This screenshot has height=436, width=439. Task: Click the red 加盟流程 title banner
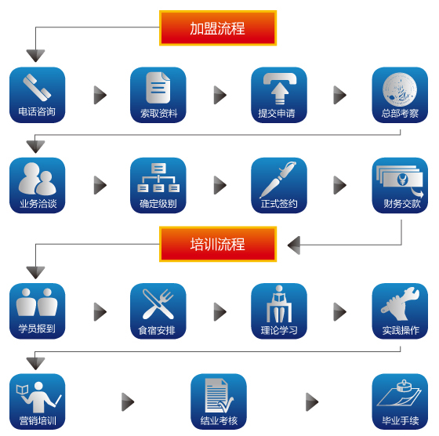point(218,28)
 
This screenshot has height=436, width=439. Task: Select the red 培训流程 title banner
point(218,244)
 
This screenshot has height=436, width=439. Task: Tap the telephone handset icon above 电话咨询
point(37,87)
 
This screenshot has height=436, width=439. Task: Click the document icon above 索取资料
point(158,88)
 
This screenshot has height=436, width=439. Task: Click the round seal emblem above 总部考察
point(400,89)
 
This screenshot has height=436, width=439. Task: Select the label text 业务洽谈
point(38,204)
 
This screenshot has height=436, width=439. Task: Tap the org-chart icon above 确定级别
point(158,177)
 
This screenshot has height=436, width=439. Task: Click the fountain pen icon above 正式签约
point(278,180)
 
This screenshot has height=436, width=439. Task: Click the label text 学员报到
point(37,329)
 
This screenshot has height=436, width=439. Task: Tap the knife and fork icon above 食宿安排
point(158,304)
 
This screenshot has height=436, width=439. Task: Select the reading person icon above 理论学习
point(279,303)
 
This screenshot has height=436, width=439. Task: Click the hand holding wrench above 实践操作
point(401,303)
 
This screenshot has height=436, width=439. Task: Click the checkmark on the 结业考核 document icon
point(226,405)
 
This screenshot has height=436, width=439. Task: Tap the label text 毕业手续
point(401,420)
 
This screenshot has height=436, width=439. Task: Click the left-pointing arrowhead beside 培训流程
point(294,245)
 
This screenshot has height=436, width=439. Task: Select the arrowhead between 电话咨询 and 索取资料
point(100,95)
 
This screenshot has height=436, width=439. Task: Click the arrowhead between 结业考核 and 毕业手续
point(312,401)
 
